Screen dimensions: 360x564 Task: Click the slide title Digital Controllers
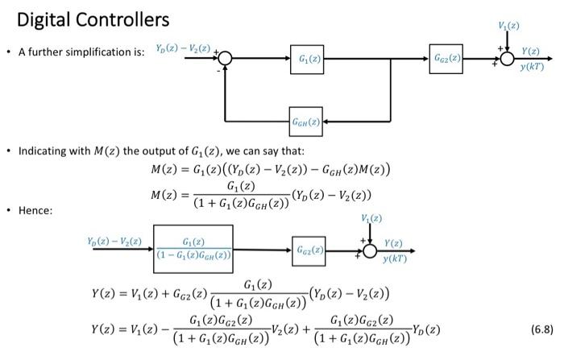pos(93,19)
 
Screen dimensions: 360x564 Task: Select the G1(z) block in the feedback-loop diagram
pos(307,59)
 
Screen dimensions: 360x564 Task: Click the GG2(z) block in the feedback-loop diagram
pos(446,59)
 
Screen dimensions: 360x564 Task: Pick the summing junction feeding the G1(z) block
pos(225,59)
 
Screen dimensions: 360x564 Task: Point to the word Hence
pos(35,210)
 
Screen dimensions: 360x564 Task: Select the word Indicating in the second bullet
pos(46,151)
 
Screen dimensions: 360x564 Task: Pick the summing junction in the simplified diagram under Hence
pos(371,249)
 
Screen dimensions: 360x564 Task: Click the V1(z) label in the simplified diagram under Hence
pos(370,218)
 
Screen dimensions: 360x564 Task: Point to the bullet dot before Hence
pos(7,210)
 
